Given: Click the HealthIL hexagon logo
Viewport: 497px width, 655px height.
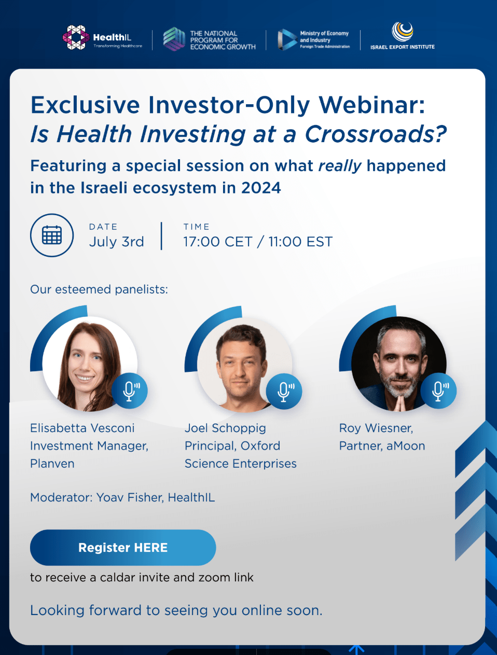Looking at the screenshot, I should pos(76,38).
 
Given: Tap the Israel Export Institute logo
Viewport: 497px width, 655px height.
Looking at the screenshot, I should pos(402,32).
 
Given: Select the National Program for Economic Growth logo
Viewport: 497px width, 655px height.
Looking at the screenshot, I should pos(174,39).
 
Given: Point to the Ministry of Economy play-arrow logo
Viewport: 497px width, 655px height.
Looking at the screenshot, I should pos(287,39).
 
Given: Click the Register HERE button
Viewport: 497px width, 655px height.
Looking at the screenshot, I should pos(123,548).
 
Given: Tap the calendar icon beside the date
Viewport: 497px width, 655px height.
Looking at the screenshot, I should pos(52,235).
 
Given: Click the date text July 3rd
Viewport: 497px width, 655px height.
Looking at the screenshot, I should pos(117,242).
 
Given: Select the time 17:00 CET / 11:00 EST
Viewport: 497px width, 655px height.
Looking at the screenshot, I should pos(258,242).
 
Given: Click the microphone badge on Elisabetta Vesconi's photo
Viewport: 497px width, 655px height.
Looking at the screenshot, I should pos(130,391).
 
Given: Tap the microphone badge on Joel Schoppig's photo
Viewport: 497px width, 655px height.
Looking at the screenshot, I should pos(284,391).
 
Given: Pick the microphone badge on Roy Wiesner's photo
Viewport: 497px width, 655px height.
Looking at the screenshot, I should pos(438,391).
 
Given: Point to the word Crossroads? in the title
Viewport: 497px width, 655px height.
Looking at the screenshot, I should pos(376,134).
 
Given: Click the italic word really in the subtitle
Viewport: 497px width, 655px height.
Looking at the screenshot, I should pos(340,166).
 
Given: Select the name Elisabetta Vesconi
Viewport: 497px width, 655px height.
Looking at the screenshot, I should pos(82,428).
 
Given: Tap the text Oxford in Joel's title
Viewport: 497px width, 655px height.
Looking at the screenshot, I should pos(260,446).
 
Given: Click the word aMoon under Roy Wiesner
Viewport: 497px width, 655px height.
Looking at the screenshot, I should pos(406,446).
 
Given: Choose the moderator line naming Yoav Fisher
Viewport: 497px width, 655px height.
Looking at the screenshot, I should pos(122,498).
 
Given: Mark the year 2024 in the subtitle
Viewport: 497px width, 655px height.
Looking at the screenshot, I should pos(261,188).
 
